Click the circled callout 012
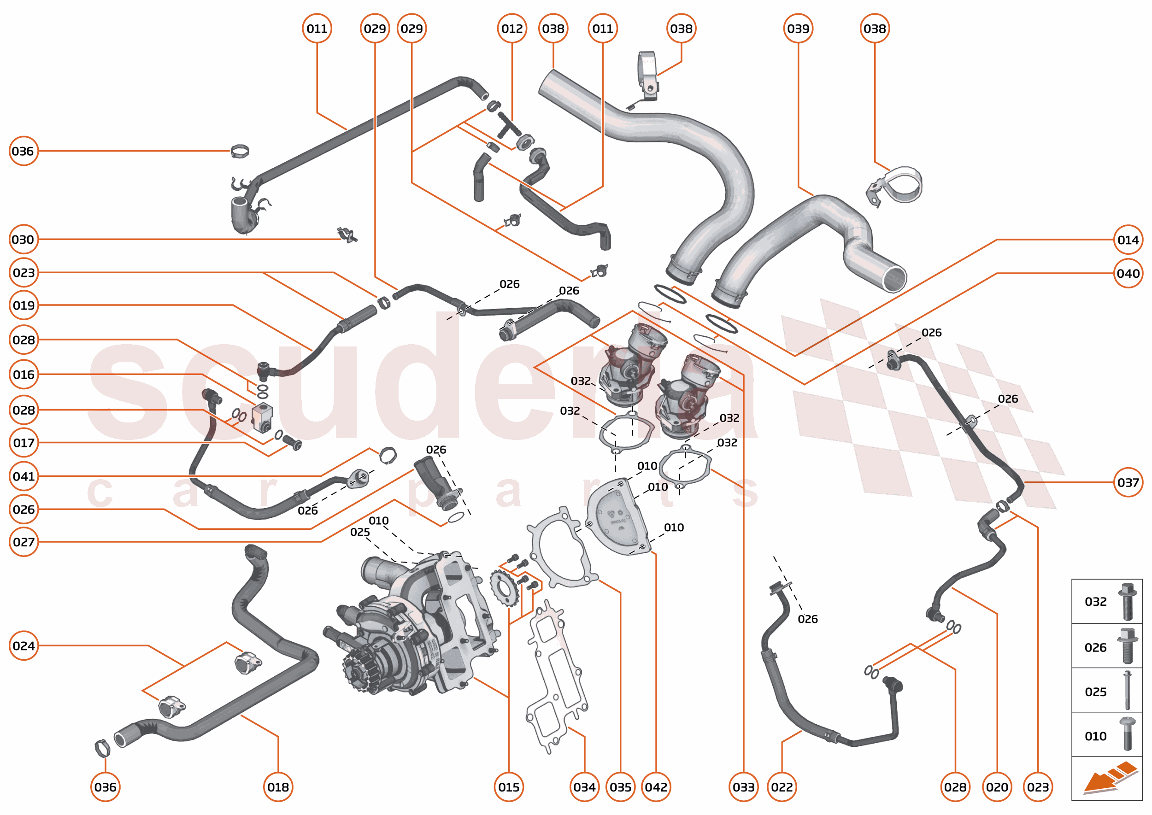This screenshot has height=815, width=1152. (511, 29)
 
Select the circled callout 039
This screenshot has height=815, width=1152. (798, 29)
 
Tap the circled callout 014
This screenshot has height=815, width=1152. (1128, 240)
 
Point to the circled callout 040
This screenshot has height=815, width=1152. (1128, 274)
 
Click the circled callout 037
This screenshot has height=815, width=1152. (1128, 482)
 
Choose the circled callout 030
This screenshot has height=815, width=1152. (24, 240)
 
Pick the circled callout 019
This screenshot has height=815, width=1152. (24, 305)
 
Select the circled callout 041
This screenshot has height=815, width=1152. (24, 476)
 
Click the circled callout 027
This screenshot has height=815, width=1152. (24, 542)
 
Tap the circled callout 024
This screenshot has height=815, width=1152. (24, 645)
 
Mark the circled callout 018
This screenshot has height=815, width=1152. (277, 787)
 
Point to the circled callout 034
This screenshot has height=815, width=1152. (584, 787)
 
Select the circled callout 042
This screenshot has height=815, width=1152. (656, 787)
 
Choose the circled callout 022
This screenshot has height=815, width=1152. (782, 787)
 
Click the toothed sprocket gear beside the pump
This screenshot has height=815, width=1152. (504, 588)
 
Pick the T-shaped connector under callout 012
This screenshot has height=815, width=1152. (508, 124)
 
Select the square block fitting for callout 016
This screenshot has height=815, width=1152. (262, 415)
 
